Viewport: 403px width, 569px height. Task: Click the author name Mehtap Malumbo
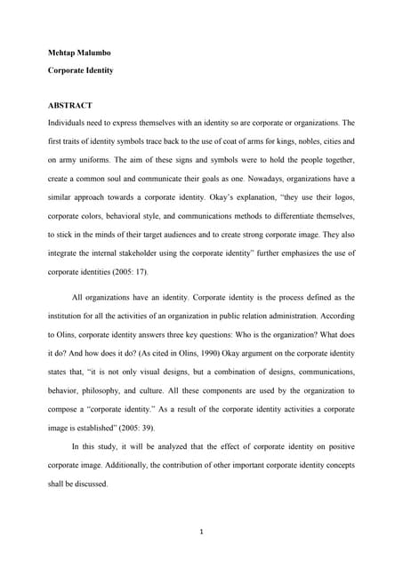[x=80, y=52]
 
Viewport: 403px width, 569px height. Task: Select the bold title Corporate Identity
[x=81, y=68]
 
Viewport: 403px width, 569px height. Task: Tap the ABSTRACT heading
[x=70, y=105]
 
